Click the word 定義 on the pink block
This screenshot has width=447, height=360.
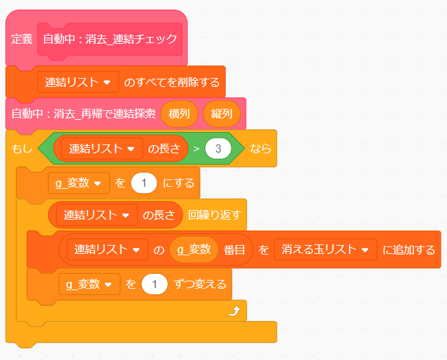tap(22, 39)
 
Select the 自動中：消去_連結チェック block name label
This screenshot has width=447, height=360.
tap(110, 39)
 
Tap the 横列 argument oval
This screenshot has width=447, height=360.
tap(179, 114)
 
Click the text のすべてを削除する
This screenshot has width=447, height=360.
tap(172, 83)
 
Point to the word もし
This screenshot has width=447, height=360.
tap(22, 149)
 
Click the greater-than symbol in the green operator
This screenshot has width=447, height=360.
tap(196, 149)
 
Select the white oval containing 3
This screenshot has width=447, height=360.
tap(218, 149)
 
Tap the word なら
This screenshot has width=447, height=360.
tap(260, 149)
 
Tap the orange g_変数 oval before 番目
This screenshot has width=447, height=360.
tap(194, 250)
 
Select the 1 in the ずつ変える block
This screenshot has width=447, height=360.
tap(155, 283)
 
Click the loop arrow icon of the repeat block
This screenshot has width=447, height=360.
tap(234, 311)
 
